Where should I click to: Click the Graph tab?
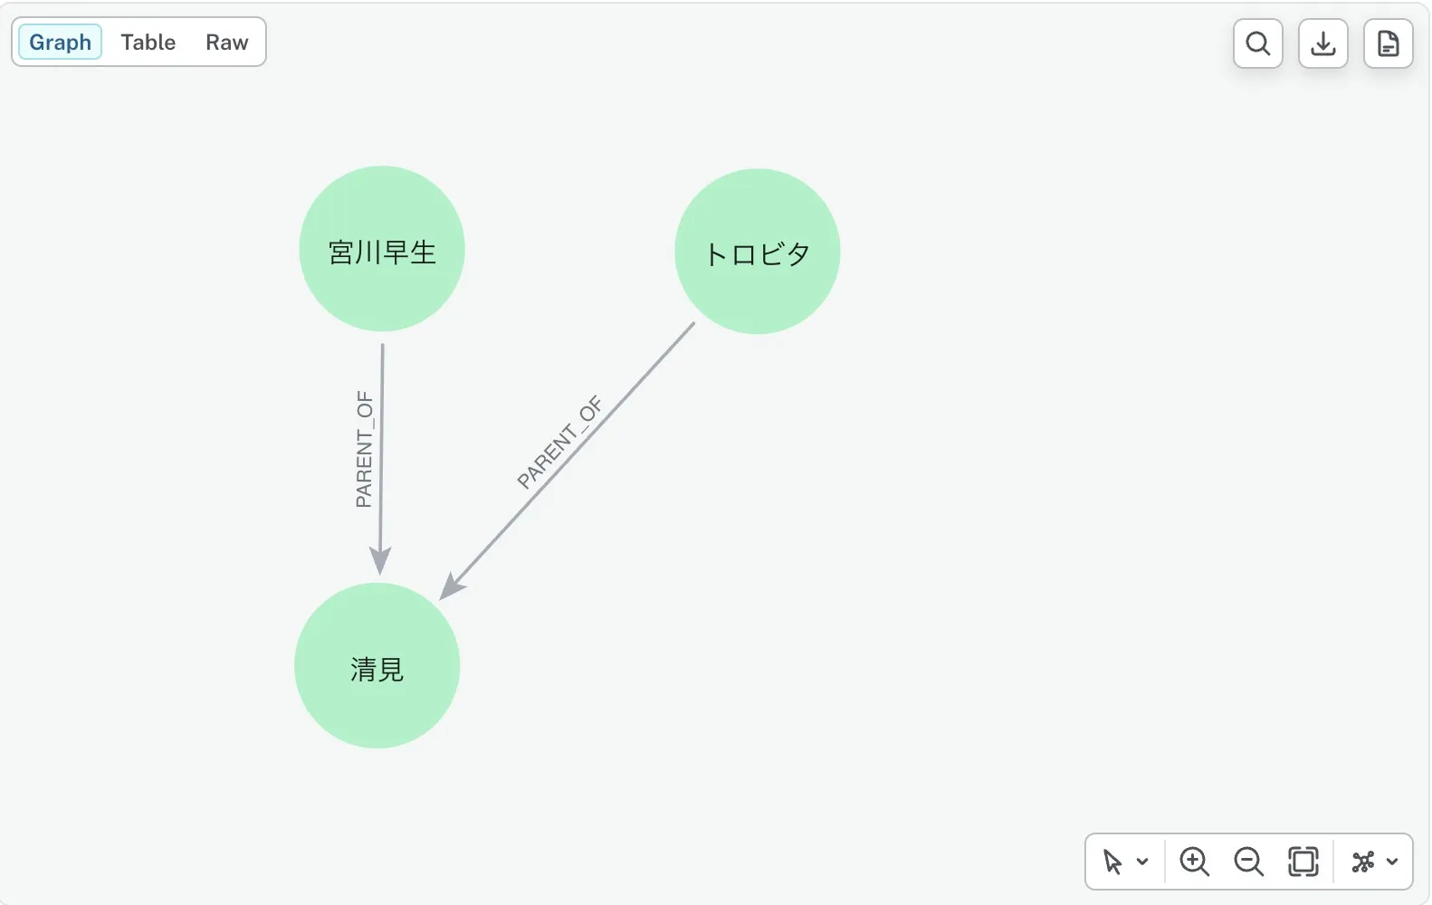tap(60, 43)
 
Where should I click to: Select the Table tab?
tap(148, 43)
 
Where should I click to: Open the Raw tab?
tap(227, 43)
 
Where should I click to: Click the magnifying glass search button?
tap(1258, 43)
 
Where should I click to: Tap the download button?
tap(1323, 43)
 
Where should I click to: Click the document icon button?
tap(1389, 43)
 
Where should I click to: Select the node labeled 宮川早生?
tap(382, 249)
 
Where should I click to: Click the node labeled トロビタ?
tap(758, 252)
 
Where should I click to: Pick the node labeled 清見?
tap(377, 665)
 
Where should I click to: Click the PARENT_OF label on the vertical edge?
tap(365, 449)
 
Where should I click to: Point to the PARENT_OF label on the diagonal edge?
tap(559, 443)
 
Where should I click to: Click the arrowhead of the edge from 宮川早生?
tap(380, 561)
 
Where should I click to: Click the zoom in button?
tap(1194, 862)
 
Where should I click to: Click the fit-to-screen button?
tap(1303, 862)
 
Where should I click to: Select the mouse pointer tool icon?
tap(1112, 862)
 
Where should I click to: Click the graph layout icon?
tap(1363, 862)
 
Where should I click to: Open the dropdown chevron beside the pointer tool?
tap(1142, 862)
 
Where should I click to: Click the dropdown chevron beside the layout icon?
tap(1392, 862)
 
